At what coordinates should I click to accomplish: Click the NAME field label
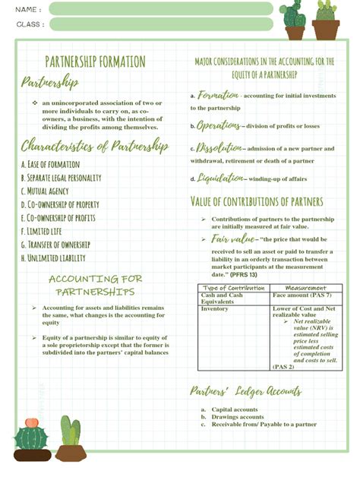[x=27, y=9]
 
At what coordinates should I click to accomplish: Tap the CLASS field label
[x=29, y=24]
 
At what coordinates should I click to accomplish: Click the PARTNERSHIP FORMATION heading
[x=95, y=62]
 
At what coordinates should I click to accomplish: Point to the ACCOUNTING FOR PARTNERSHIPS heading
[x=95, y=285]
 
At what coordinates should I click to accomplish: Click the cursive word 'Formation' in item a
[x=219, y=96]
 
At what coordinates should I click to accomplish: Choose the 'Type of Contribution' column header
[x=235, y=288]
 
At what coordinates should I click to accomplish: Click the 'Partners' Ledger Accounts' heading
[x=245, y=392]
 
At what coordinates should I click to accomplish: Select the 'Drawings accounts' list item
[x=238, y=417]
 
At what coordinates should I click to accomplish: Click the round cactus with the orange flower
[x=31, y=436]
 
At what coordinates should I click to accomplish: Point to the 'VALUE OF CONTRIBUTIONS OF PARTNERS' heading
[x=257, y=202]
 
